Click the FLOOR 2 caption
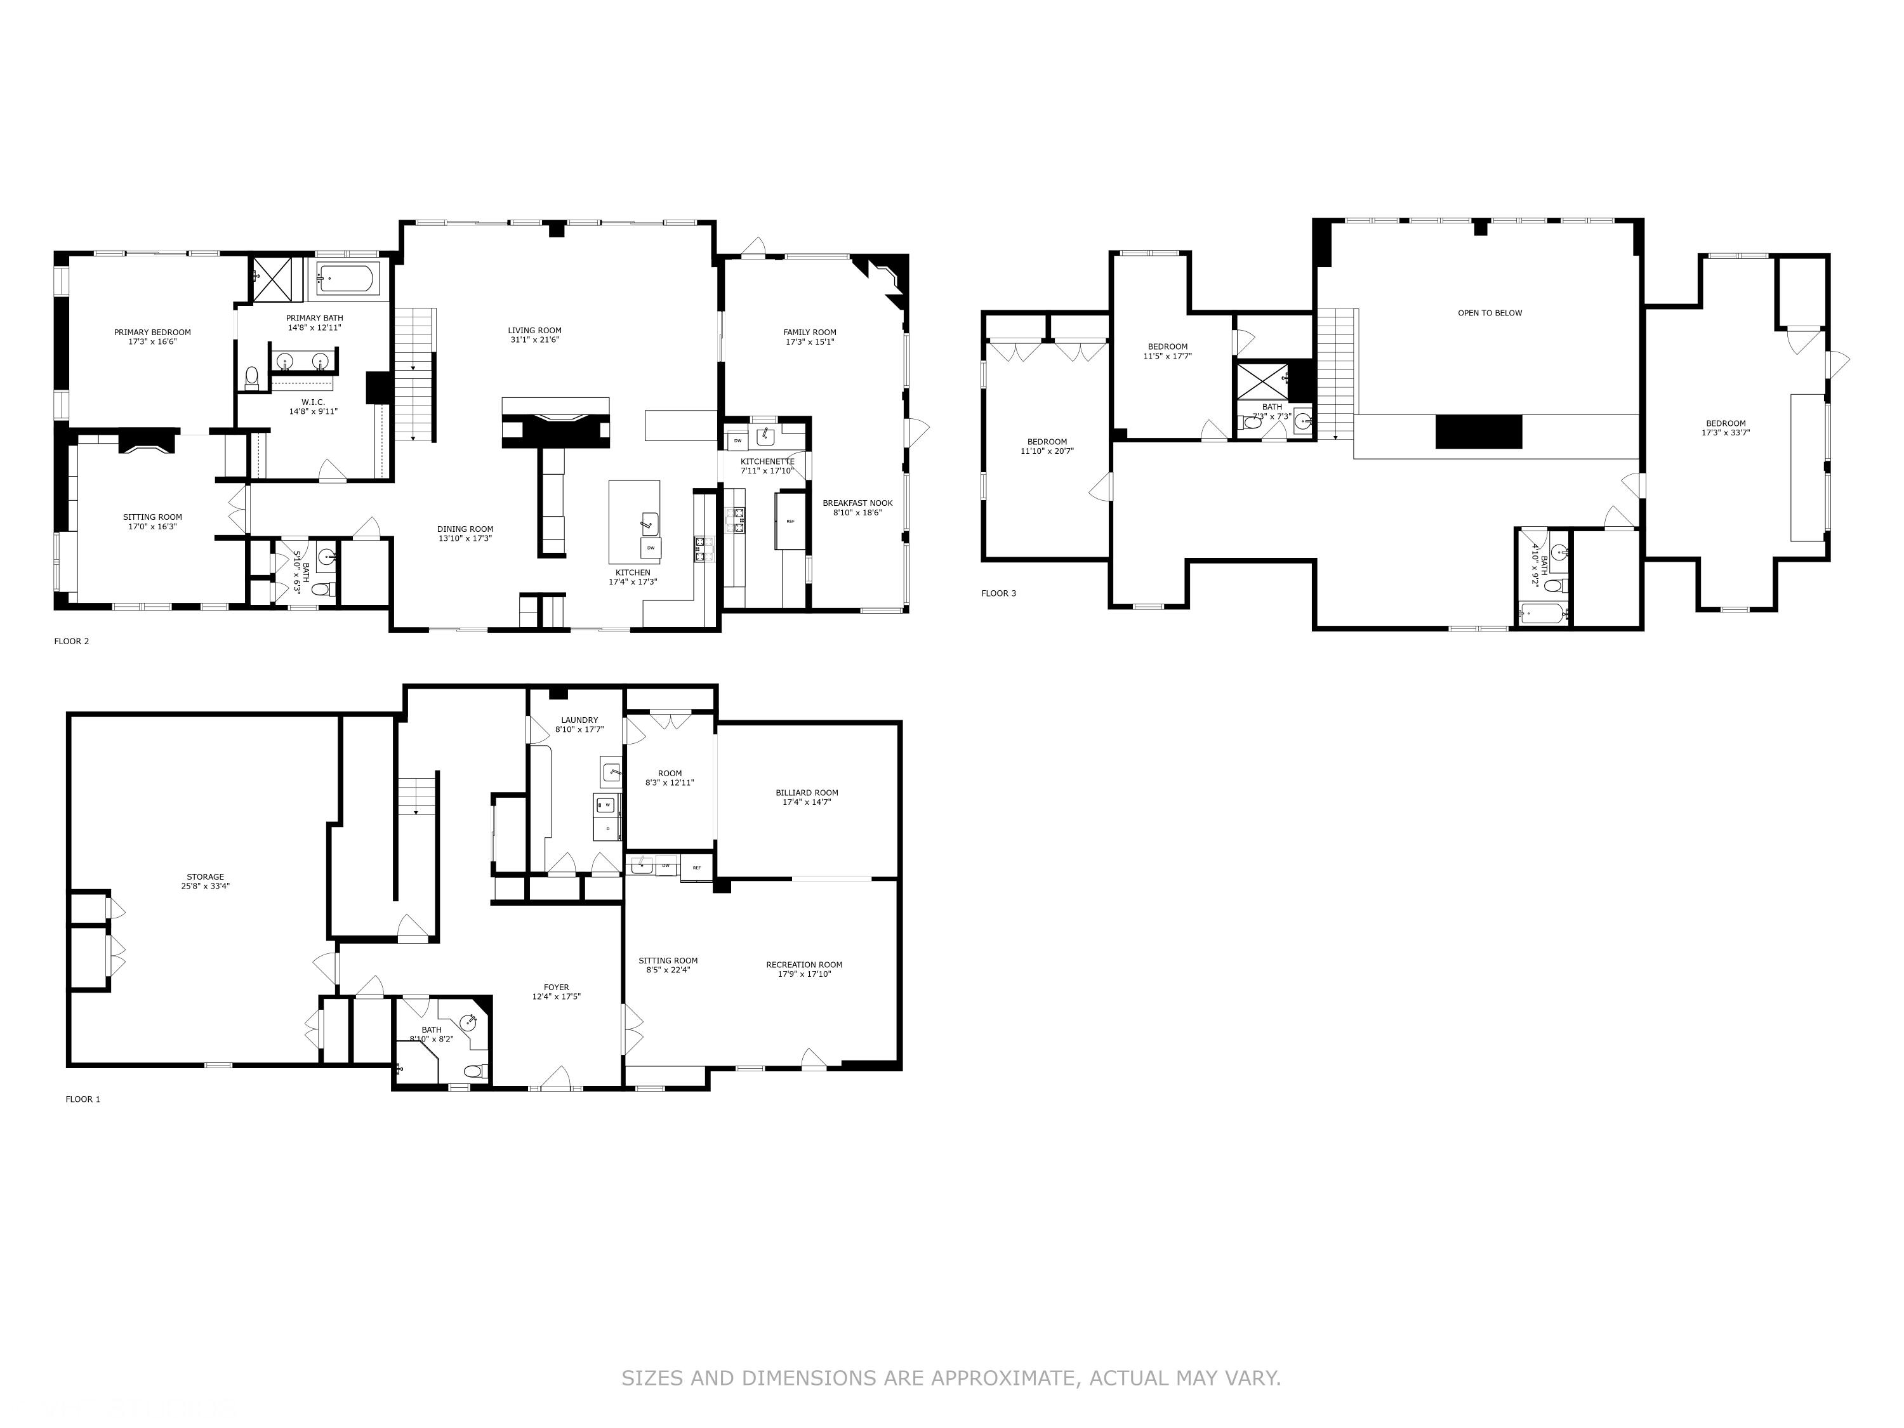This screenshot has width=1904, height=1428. click(x=72, y=641)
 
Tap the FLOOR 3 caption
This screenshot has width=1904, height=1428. click(x=998, y=593)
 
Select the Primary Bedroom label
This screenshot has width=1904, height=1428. click(x=152, y=333)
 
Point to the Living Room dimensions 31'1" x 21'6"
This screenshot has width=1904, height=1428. click(x=534, y=340)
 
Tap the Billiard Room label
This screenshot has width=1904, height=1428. click(x=807, y=793)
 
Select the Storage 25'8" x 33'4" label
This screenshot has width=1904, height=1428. click(x=205, y=882)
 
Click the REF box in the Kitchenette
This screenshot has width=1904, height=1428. click(x=790, y=522)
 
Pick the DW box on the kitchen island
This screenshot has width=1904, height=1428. click(x=651, y=548)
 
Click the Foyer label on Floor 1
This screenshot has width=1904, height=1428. click(x=556, y=988)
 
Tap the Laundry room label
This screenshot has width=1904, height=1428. click(x=579, y=720)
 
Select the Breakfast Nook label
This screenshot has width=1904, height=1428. click(x=857, y=503)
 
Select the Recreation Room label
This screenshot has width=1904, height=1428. click(x=804, y=965)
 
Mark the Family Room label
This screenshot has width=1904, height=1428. click(x=809, y=333)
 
